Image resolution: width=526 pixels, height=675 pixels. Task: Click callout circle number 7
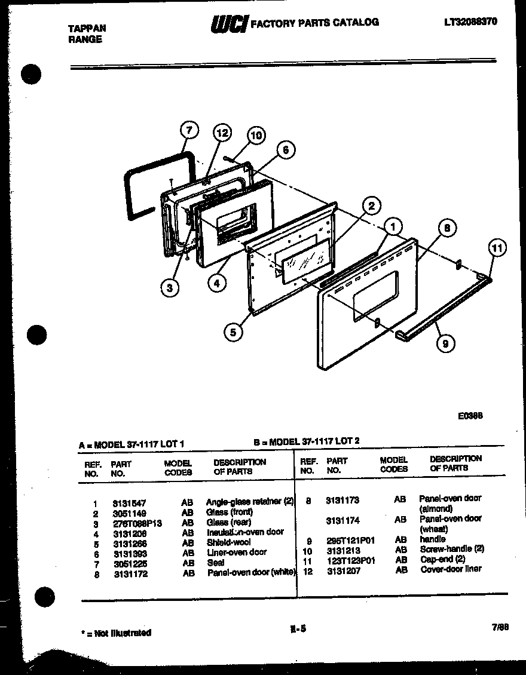(x=188, y=130)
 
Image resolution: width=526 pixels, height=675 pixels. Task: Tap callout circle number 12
(x=222, y=133)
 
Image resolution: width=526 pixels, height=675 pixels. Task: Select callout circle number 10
(x=256, y=136)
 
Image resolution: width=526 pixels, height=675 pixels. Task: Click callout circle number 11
(x=497, y=247)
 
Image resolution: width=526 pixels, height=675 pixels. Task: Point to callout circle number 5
(x=233, y=331)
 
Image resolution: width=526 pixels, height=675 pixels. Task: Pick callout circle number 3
(x=170, y=288)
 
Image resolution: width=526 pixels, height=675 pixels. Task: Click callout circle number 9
(x=445, y=343)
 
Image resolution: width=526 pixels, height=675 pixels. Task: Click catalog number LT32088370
(x=471, y=22)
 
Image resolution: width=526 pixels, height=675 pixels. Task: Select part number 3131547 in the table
(x=129, y=504)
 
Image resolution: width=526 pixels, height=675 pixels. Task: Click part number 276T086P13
(x=137, y=523)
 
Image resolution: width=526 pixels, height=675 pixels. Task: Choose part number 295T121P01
(x=351, y=540)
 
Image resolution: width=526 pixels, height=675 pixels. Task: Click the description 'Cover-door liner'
(x=451, y=569)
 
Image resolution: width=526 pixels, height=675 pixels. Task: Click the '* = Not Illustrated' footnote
(x=116, y=633)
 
